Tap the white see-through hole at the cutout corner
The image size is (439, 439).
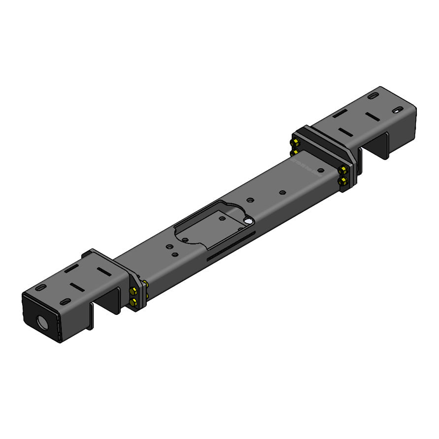tap(249, 222)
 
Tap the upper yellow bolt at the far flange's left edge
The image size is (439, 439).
tap(295, 143)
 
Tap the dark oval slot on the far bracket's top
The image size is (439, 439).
tap(374, 95)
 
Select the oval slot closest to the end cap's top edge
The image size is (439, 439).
tap(41, 287)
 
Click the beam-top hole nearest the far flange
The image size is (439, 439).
tap(321, 170)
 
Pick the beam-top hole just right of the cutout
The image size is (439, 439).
tap(250, 200)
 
